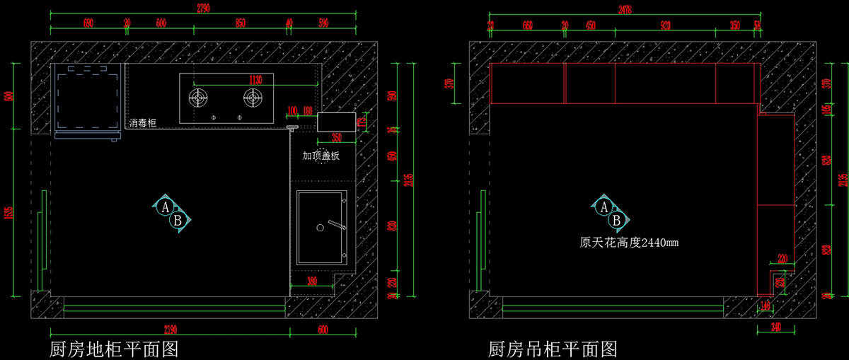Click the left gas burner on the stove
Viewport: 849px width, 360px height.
(x=200, y=96)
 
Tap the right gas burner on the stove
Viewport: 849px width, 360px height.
(x=253, y=96)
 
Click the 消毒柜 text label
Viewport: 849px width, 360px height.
(x=142, y=123)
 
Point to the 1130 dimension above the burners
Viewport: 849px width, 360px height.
(x=256, y=79)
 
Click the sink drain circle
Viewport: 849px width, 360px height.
(x=320, y=228)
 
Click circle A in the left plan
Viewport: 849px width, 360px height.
(x=165, y=207)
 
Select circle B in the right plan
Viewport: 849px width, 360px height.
(x=616, y=221)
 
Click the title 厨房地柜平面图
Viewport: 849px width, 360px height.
(x=113, y=349)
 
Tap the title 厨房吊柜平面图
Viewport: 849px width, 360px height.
(x=553, y=349)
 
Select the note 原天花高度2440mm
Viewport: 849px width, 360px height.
(x=629, y=242)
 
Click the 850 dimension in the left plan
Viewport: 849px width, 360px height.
(x=241, y=23)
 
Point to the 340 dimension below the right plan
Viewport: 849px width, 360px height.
(x=776, y=327)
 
